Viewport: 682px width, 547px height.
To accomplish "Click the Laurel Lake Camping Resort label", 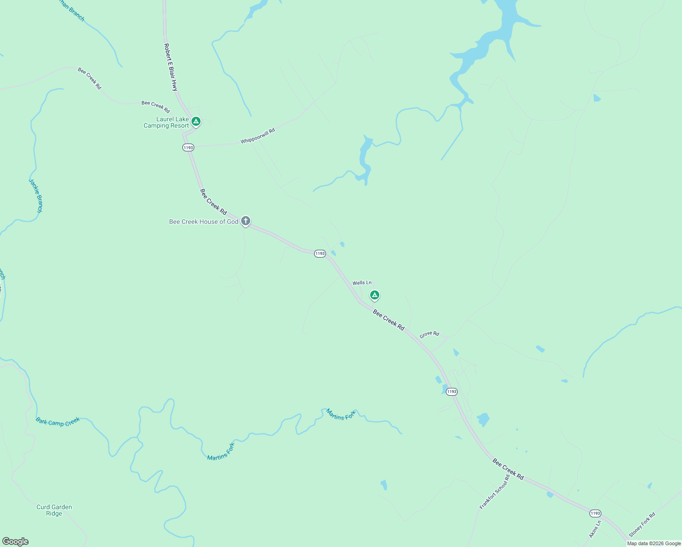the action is tap(166, 123).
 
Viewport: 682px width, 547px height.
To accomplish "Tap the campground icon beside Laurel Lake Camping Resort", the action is tap(196, 121).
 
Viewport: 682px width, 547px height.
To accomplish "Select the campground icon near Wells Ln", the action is tap(375, 295).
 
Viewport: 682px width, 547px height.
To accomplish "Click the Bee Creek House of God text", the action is tap(204, 222).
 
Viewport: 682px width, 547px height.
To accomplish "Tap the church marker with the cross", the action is tap(246, 222).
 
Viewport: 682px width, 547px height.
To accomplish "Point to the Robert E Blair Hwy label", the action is tap(170, 67).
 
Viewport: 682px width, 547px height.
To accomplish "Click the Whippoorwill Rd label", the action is tap(258, 136).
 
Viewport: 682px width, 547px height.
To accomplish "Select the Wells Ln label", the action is tap(362, 283).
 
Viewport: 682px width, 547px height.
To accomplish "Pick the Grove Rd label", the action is tap(429, 334).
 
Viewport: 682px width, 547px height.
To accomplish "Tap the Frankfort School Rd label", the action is tap(495, 492).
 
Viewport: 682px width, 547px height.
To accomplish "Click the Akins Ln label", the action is tap(595, 529).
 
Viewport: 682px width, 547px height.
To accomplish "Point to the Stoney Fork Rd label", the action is tap(642, 525).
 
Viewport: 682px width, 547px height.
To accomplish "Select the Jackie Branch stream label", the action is tap(36, 195).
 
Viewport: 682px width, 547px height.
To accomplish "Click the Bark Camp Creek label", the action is tap(58, 422).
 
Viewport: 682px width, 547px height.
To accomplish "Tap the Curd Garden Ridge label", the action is tap(54, 510).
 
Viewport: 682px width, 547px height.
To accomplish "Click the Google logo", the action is tap(15, 542).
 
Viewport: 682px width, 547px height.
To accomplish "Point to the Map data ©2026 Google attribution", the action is tap(654, 543).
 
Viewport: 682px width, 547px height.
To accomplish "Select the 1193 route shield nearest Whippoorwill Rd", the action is tap(188, 147).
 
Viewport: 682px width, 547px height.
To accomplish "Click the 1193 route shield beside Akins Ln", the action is tap(595, 513).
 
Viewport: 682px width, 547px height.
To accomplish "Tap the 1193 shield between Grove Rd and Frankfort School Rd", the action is tap(451, 392).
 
